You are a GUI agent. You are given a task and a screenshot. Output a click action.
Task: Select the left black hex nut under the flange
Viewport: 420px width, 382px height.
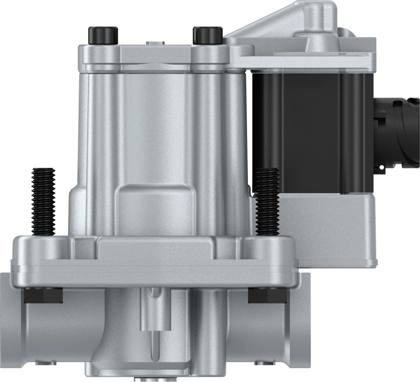pos(43,295)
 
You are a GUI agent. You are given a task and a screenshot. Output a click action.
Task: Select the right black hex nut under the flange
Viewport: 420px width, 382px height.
pos(267,295)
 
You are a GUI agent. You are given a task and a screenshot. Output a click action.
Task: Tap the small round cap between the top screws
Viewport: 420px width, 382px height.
pos(154,42)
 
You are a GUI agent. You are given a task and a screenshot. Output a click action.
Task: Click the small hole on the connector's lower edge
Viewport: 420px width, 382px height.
pos(381,167)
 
